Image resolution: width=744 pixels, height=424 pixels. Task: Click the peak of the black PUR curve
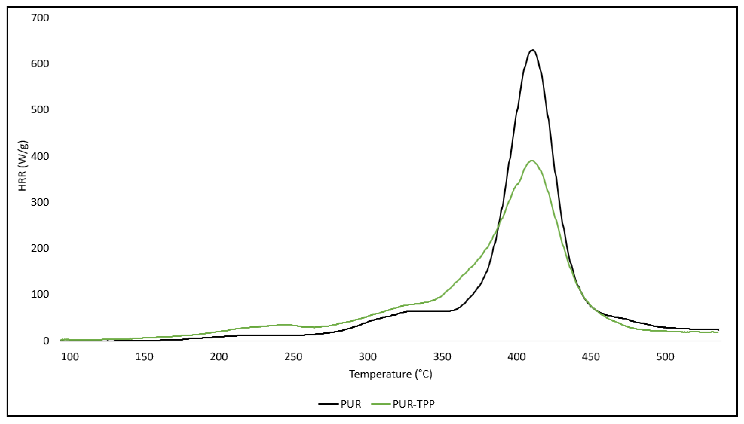coord(532,50)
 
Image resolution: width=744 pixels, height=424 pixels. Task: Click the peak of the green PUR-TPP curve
coord(532,161)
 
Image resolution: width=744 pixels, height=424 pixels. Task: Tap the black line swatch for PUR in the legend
coord(329,404)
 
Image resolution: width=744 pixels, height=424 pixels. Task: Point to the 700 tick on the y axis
coord(40,18)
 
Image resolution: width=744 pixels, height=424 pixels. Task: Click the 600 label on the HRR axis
coord(40,64)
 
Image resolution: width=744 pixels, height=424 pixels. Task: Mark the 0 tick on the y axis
coord(46,341)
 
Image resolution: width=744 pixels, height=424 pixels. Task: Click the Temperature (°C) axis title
coord(391,374)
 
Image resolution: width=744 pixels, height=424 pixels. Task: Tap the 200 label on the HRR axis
coord(40,248)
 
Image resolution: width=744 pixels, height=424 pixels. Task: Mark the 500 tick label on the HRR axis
coord(40,110)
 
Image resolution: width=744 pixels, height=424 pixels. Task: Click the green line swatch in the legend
coord(381,404)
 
